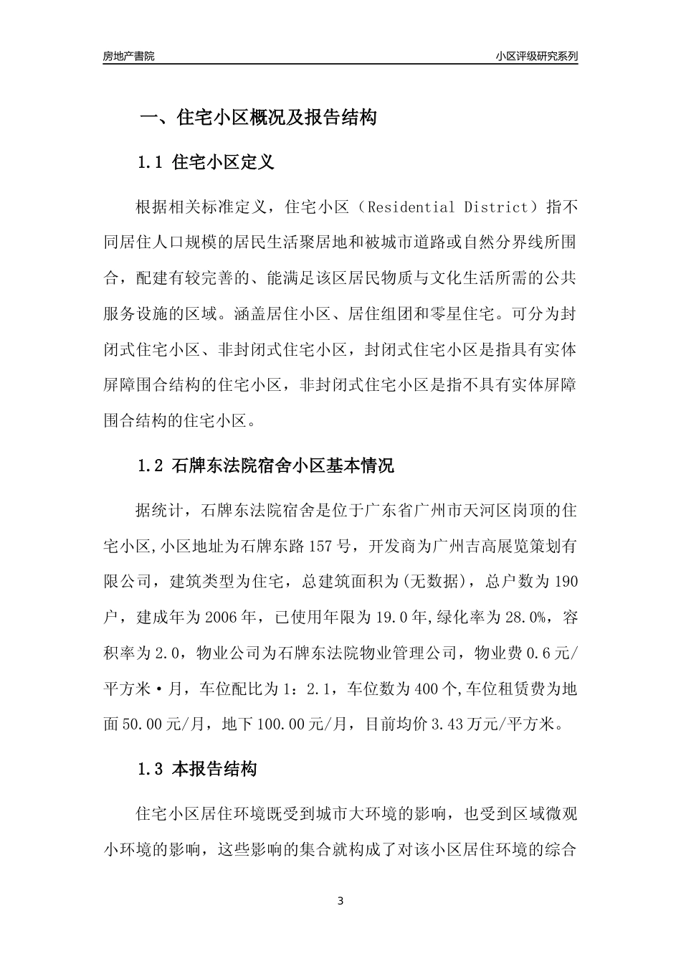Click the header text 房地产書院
tap(129, 56)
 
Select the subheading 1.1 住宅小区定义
tap(206, 162)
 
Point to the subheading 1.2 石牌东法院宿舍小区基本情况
tap(266, 466)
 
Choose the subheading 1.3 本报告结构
tap(197, 770)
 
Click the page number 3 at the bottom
tap(340, 901)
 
